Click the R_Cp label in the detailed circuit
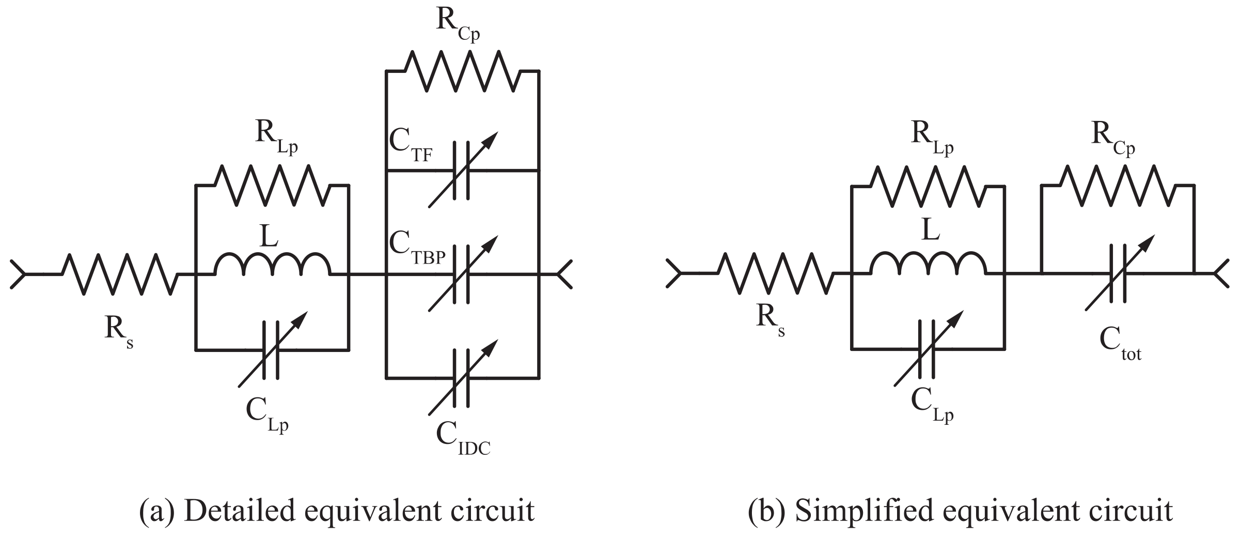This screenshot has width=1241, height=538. [458, 24]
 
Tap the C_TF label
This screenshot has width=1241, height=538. [411, 148]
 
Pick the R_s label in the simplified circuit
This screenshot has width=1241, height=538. [770, 320]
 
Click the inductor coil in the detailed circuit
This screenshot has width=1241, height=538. [272, 264]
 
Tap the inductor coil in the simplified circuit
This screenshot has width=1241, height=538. [928, 264]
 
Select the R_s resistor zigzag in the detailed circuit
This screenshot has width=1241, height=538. [120, 274]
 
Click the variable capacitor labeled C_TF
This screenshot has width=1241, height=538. [462, 171]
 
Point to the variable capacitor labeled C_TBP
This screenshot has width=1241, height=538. [462, 274]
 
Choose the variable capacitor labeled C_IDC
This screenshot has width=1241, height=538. [462, 378]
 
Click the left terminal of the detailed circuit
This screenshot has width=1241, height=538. [18, 274]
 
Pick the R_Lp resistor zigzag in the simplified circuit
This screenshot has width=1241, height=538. [928, 186]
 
